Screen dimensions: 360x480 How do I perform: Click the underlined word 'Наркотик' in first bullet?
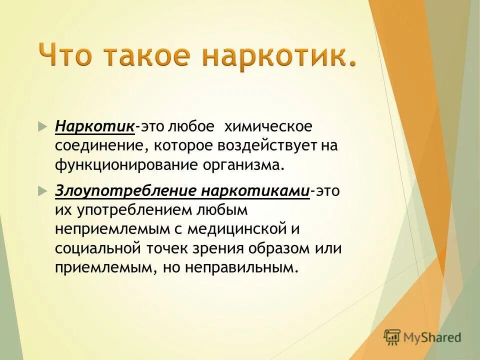point(94,126)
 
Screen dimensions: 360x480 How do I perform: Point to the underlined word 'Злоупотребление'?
point(126,191)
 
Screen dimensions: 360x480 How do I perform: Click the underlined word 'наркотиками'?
point(255,191)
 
